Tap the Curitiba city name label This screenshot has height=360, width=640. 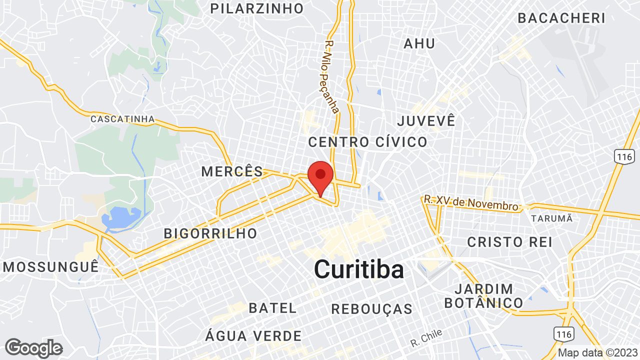pyautogui.click(x=359, y=269)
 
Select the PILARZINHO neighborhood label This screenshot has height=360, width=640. pyautogui.click(x=257, y=8)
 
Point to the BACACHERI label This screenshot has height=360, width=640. pyautogui.click(x=561, y=18)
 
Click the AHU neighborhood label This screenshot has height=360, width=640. pyautogui.click(x=419, y=43)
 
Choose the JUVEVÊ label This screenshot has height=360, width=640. pyautogui.click(x=426, y=120)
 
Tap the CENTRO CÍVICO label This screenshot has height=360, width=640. pyautogui.click(x=368, y=142)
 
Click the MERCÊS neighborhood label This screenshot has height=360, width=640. pyautogui.click(x=232, y=171)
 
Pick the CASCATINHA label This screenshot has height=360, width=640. pyautogui.click(x=122, y=119)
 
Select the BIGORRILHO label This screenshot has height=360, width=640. pyautogui.click(x=210, y=233)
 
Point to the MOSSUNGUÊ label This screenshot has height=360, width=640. pyautogui.click(x=51, y=266)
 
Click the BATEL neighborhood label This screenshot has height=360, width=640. pyautogui.click(x=273, y=308)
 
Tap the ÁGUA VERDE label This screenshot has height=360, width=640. pyautogui.click(x=254, y=335)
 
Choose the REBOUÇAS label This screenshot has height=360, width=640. pyautogui.click(x=372, y=309)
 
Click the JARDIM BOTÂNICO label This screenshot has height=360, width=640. pyautogui.click(x=483, y=296)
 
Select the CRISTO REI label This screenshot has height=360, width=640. pyautogui.click(x=510, y=242)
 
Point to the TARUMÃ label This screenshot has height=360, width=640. pyautogui.click(x=552, y=218)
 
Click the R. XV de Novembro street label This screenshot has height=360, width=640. pyautogui.click(x=471, y=202)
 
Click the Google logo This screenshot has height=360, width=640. pyautogui.click(x=34, y=348)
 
